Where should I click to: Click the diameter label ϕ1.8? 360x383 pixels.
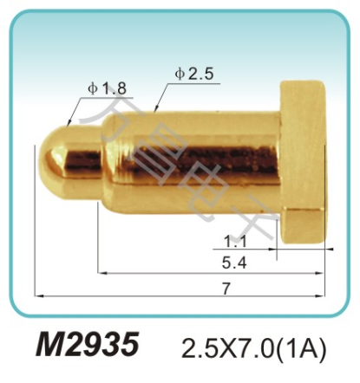click(x=107, y=88)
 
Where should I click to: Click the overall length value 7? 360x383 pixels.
click(x=226, y=289)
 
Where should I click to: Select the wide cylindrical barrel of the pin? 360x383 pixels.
click(x=191, y=156)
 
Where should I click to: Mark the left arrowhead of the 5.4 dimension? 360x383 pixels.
click(x=101, y=273)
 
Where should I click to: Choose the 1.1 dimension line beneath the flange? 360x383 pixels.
click(x=252, y=251)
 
